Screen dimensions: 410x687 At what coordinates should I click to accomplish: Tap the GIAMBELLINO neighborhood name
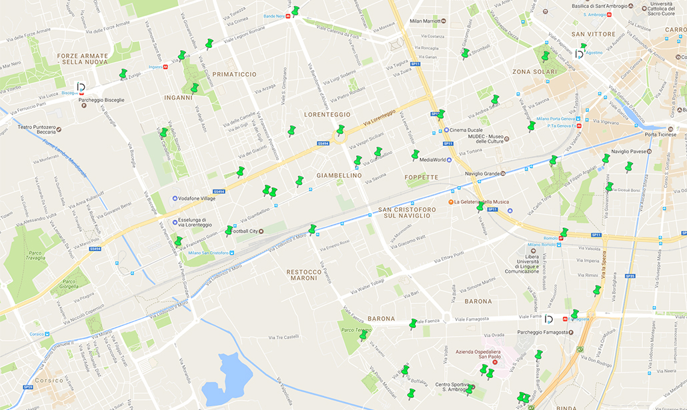(x=339, y=176)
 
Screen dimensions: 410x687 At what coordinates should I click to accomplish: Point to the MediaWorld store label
(x=432, y=160)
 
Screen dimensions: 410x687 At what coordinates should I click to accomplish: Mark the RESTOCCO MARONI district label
(x=304, y=275)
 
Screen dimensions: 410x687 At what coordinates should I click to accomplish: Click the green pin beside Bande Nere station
(x=295, y=11)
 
